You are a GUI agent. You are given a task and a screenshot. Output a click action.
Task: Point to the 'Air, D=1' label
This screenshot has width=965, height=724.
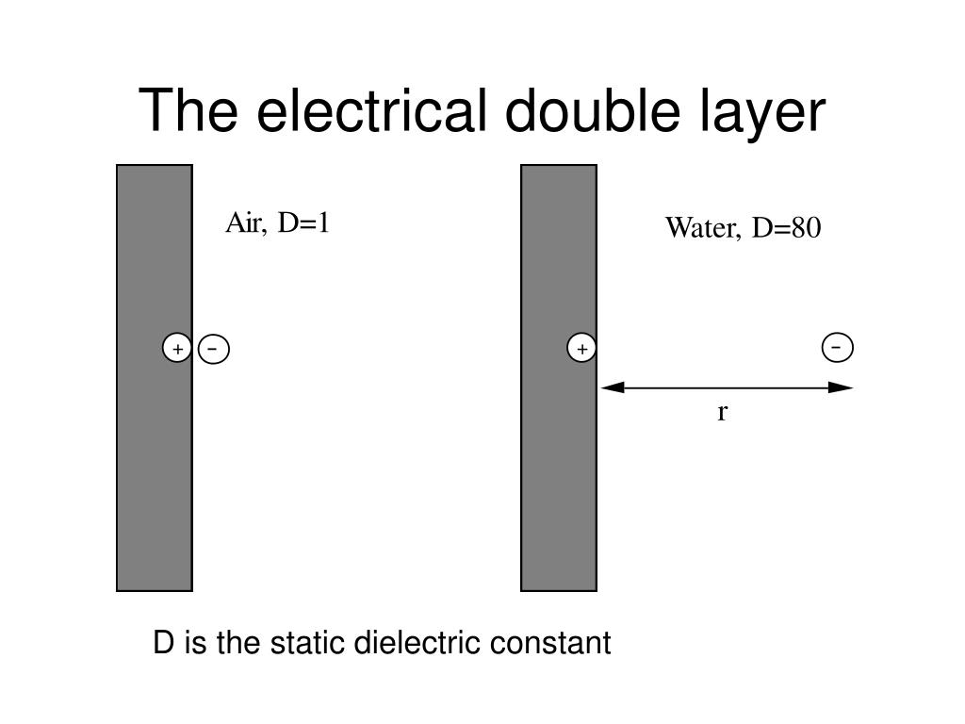(x=277, y=223)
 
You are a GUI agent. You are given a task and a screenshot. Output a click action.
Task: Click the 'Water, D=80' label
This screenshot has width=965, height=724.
(x=743, y=228)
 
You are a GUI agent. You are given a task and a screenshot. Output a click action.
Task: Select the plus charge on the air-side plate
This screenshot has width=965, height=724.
(x=177, y=349)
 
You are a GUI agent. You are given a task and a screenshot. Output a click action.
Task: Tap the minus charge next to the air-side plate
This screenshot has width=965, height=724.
(x=214, y=349)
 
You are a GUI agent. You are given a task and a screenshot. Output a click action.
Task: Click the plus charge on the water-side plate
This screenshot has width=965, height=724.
(x=581, y=349)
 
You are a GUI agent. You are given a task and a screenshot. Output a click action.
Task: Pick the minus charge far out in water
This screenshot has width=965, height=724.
(x=837, y=347)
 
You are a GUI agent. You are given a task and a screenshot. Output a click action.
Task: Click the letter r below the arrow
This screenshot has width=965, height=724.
(x=722, y=412)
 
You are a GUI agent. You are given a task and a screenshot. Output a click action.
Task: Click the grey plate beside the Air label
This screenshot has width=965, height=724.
(x=154, y=471)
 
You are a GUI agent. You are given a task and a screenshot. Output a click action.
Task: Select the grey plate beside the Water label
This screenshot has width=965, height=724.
(x=558, y=471)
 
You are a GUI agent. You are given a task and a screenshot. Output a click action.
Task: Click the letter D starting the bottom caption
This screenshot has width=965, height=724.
(x=164, y=644)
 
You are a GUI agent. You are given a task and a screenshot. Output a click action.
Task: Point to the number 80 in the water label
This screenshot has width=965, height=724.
(x=806, y=228)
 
